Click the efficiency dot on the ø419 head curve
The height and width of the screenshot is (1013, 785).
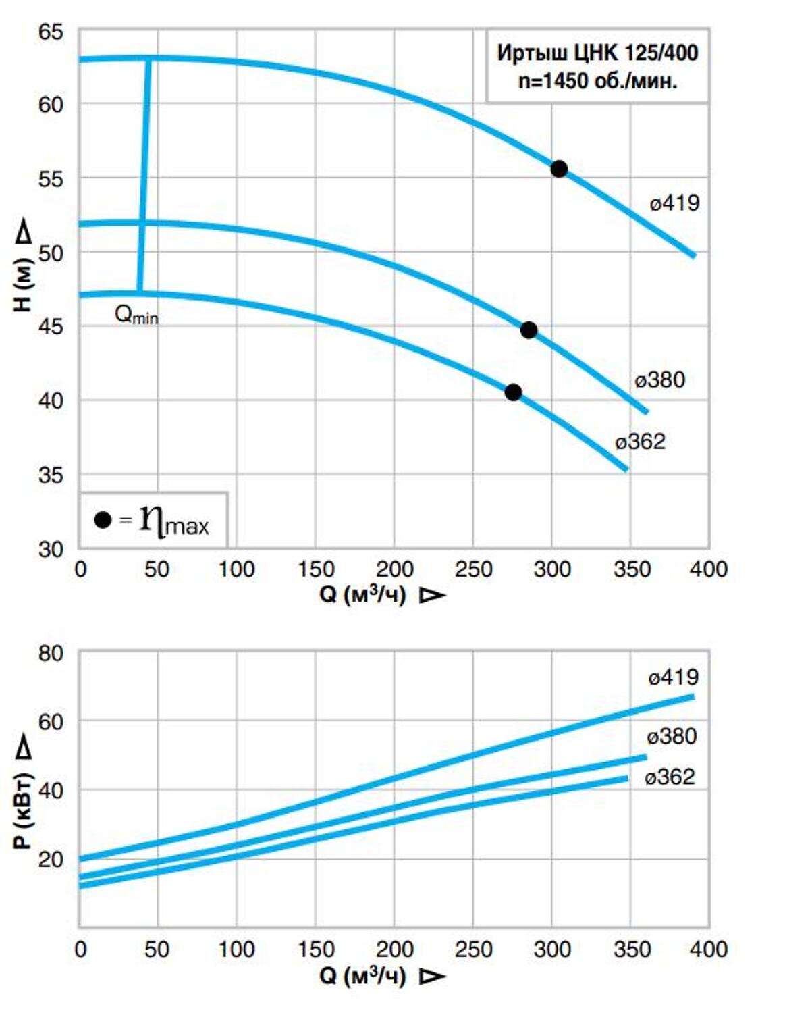point(559,169)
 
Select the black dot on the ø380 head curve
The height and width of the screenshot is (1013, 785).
point(529,330)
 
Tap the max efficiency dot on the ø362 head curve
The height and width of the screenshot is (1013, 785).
point(513,392)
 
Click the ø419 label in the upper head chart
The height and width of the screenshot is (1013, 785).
point(674,203)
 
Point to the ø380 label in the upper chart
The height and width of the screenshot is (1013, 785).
point(659,380)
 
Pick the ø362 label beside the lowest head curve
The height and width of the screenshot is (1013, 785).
point(640,442)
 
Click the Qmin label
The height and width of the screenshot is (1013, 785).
point(136,315)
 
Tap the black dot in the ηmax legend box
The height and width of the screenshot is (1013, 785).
point(103,520)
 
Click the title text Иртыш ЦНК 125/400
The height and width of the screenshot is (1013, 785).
point(597,53)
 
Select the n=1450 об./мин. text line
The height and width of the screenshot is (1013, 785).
point(597,81)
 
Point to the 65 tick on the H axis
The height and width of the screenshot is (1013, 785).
point(51,32)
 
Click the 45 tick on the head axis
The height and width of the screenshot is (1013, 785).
point(51,326)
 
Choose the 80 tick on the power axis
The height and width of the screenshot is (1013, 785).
point(51,654)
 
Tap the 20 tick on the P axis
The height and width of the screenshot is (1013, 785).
point(51,859)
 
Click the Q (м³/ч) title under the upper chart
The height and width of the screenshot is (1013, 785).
point(362,594)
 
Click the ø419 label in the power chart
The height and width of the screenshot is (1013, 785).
point(673,677)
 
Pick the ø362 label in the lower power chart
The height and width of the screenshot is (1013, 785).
point(669,777)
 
